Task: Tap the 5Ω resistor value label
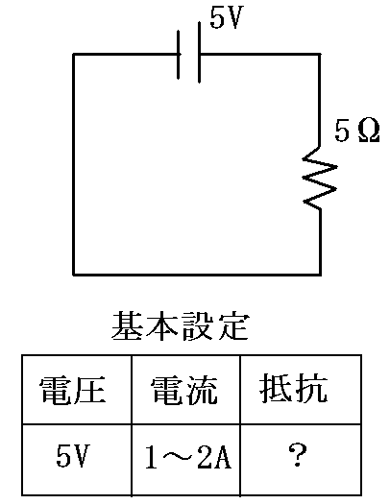357,131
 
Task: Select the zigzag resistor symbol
319,178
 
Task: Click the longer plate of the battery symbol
200,53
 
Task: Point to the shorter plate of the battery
179,55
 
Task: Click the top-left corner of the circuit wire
74,55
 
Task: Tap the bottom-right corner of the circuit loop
320,275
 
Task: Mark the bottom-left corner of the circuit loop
74,275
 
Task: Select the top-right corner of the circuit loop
320,55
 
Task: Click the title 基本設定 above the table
181,325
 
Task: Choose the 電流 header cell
184,390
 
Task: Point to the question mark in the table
298,455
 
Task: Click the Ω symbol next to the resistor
369,131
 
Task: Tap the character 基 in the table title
127,325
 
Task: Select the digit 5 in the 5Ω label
342,131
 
